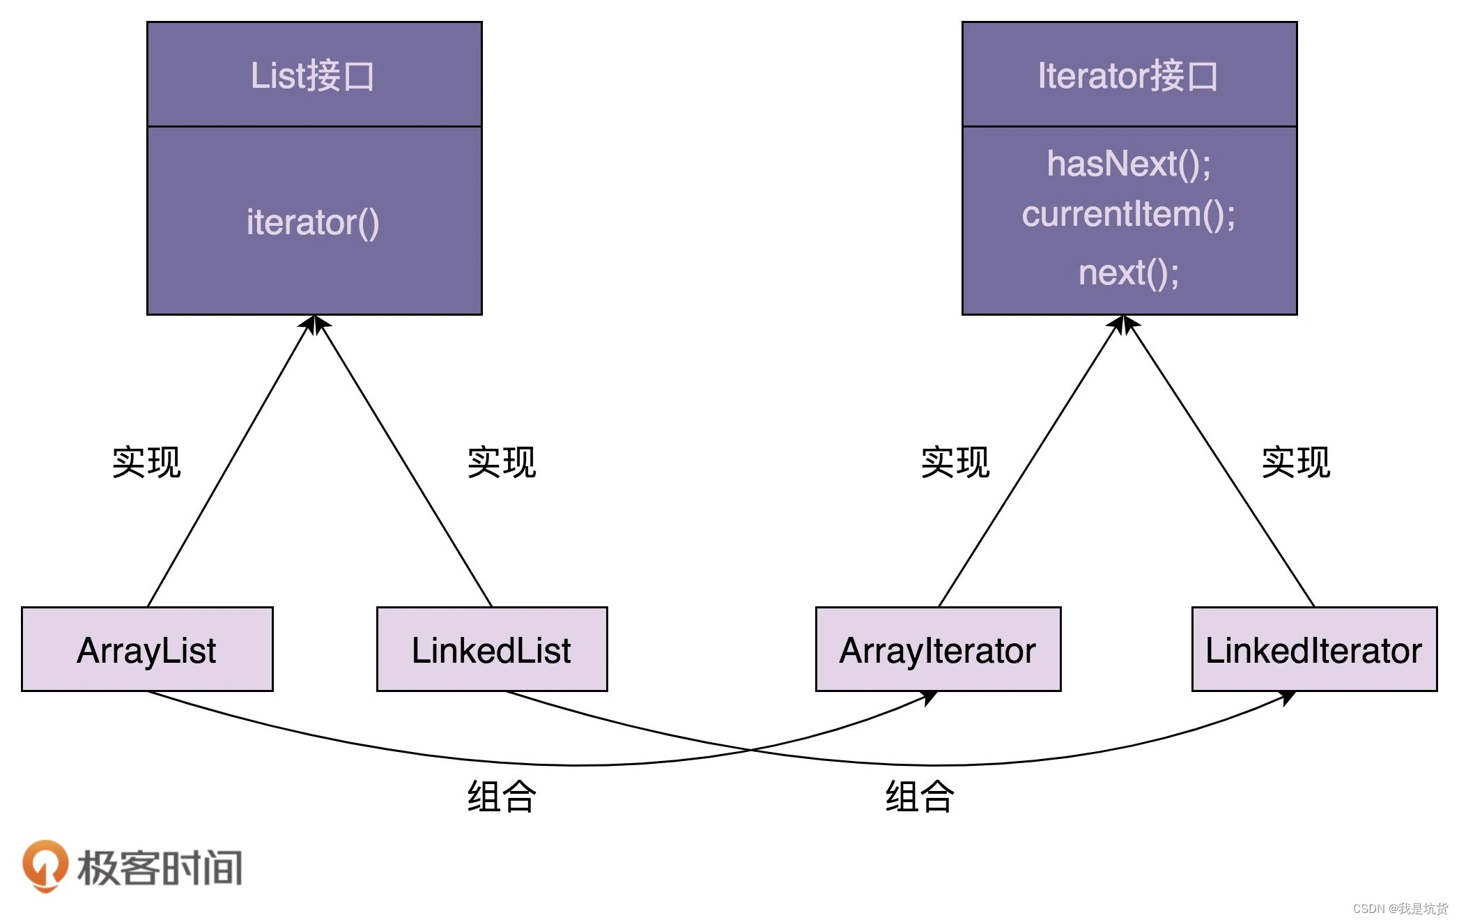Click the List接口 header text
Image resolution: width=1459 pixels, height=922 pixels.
pyautogui.click(x=313, y=75)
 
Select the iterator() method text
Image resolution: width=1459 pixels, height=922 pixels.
pyautogui.click(x=313, y=222)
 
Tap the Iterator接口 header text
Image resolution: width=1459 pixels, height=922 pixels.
pyautogui.click(x=1128, y=75)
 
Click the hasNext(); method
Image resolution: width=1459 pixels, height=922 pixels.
pyautogui.click(x=1129, y=164)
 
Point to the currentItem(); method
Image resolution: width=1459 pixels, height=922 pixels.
pyautogui.click(x=1129, y=214)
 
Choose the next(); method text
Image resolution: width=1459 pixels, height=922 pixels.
pyautogui.click(x=1129, y=272)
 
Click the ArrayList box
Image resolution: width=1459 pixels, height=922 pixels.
pyautogui.click(x=147, y=650)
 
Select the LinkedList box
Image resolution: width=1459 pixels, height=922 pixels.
pyautogui.click(x=492, y=650)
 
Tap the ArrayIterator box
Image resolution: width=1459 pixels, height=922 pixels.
pyautogui.click(x=938, y=650)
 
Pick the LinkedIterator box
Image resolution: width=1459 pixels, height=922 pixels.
pyautogui.click(x=1314, y=650)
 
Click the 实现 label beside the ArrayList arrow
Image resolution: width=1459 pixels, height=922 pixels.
pyautogui.click(x=146, y=462)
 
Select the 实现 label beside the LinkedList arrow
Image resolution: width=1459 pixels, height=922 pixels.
pyautogui.click(x=502, y=462)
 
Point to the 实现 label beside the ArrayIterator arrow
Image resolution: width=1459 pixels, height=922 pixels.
pyautogui.click(x=955, y=462)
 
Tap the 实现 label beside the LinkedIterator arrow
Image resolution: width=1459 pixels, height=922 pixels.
pyautogui.click(x=1296, y=462)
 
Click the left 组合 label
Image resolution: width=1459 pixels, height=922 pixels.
pyautogui.click(x=502, y=797)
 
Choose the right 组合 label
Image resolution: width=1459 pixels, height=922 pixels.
pyautogui.click(x=920, y=797)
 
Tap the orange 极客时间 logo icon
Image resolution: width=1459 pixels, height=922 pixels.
pyautogui.click(x=45, y=866)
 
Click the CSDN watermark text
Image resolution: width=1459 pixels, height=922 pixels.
pyautogui.click(x=1400, y=909)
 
